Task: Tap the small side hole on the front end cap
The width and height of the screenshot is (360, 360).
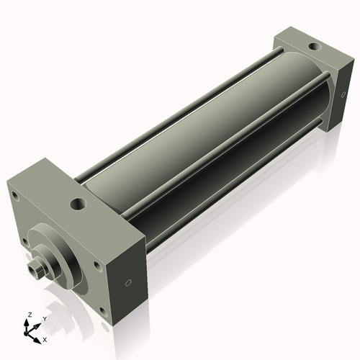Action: pos(129,282)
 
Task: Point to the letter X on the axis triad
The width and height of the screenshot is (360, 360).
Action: pos(45,338)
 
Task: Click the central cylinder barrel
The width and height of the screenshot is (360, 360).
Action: pos(209,144)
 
